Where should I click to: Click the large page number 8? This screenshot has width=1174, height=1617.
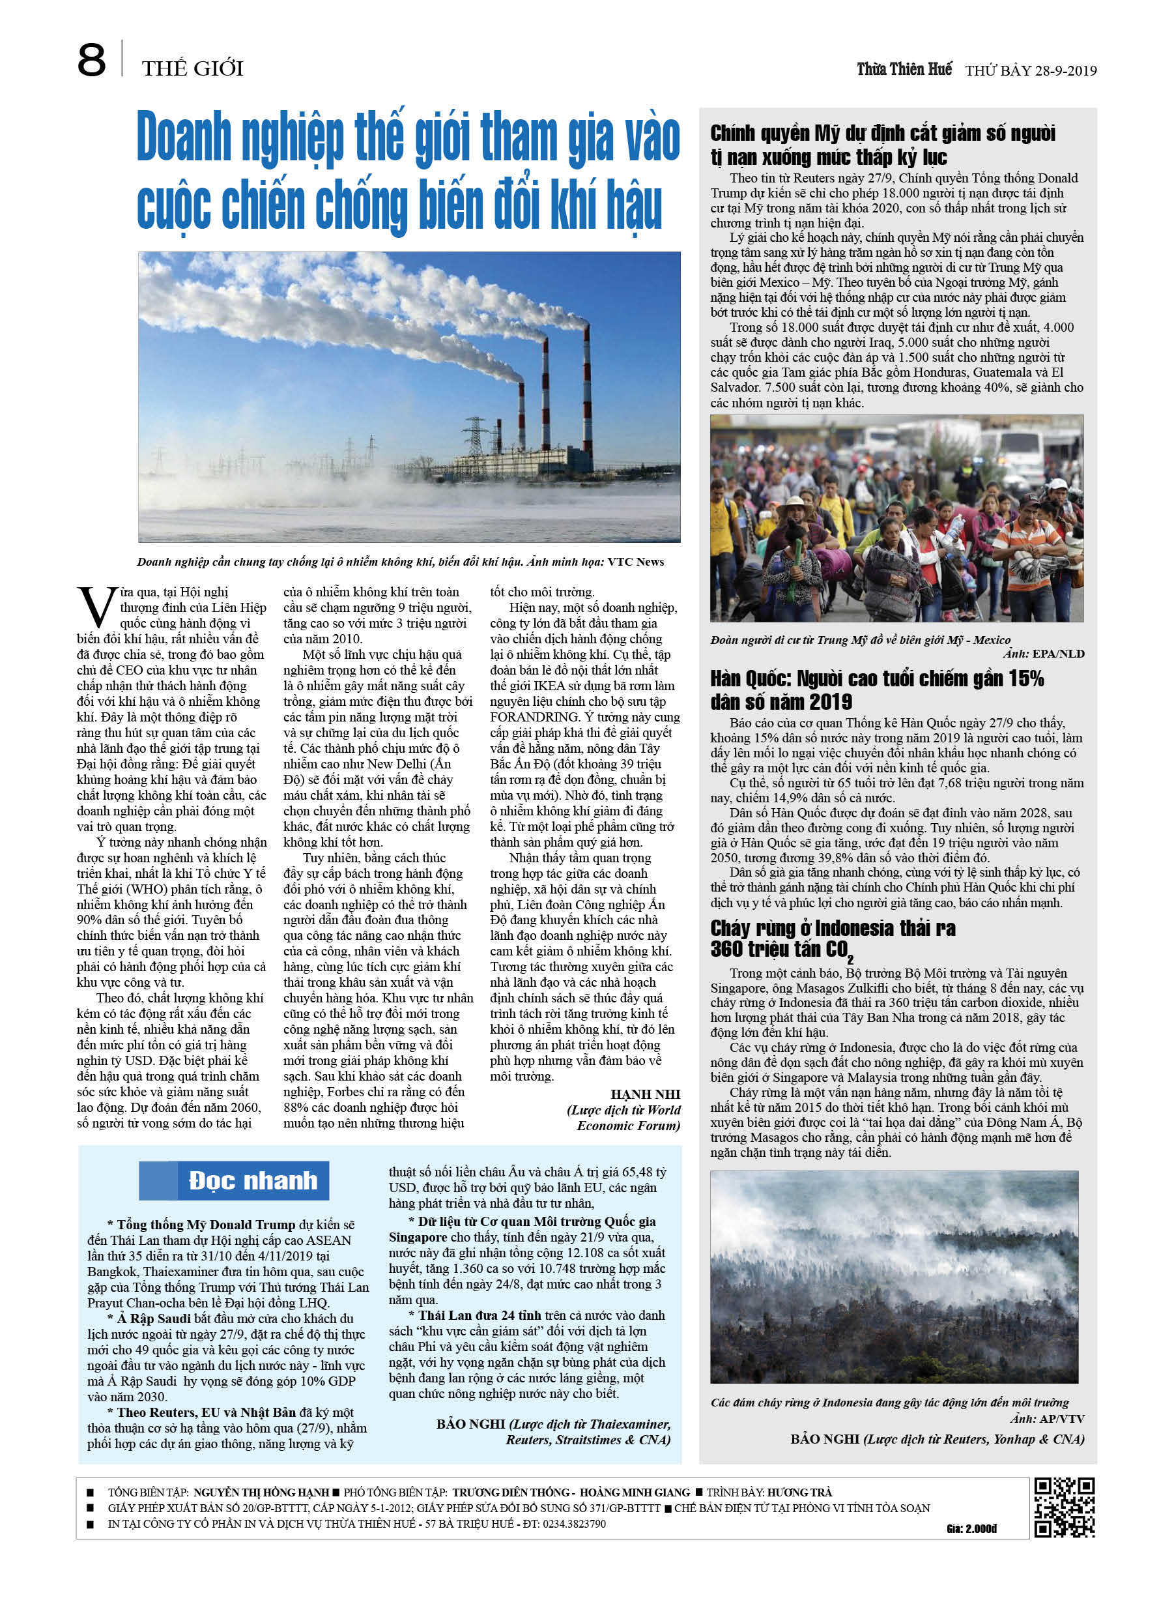(91, 60)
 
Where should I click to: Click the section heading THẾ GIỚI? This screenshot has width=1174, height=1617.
(192, 68)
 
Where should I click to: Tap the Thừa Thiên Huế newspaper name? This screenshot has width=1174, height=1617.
(904, 69)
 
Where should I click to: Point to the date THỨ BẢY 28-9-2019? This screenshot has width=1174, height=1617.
(1031, 70)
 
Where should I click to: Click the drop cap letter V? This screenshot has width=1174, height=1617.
(96, 607)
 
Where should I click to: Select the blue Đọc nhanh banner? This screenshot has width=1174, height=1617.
(234, 1181)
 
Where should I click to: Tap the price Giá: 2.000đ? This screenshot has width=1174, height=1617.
(971, 1528)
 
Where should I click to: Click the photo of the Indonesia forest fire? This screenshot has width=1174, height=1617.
(894, 1277)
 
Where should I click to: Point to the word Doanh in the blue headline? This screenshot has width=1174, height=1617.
(183, 137)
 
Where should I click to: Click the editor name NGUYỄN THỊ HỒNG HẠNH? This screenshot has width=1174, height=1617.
(261, 1493)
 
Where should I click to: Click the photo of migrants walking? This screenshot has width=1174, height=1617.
(896, 518)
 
